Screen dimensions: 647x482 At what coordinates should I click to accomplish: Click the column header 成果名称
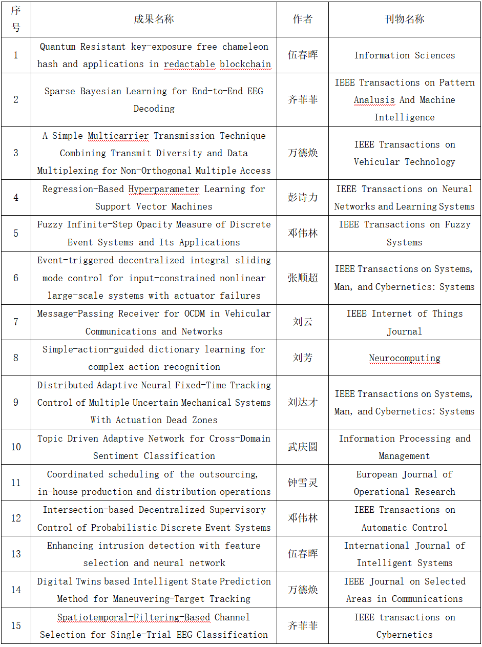[154, 19]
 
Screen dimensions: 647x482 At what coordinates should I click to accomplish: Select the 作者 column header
[303, 19]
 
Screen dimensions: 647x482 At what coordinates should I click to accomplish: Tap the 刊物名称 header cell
[404, 19]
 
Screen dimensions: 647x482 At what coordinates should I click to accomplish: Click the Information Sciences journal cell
[404, 55]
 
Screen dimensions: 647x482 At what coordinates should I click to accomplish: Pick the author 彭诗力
[303, 198]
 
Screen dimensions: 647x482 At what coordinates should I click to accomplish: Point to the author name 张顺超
[303, 278]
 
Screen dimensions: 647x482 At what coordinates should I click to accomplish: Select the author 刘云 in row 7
[303, 322]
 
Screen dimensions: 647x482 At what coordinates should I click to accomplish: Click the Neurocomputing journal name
[404, 358]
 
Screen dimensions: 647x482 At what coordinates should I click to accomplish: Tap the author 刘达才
[303, 403]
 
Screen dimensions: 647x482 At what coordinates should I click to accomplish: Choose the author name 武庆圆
[303, 447]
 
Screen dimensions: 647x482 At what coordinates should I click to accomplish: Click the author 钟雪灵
[303, 483]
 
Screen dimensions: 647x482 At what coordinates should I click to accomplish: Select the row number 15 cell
[16, 625]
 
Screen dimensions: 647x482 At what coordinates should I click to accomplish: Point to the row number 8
[16, 358]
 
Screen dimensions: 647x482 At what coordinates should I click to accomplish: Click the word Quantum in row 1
[59, 47]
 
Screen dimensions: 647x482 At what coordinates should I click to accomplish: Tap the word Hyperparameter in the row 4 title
[163, 189]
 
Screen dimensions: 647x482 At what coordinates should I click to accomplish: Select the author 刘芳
[303, 358]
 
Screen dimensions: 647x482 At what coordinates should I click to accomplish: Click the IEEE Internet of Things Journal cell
[404, 322]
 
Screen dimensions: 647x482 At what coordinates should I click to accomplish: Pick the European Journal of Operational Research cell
[404, 483]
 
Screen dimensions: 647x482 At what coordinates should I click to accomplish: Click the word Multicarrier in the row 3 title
[118, 136]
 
